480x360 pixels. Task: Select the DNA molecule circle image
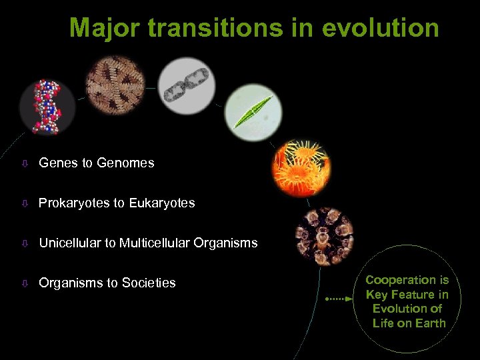click(47, 105)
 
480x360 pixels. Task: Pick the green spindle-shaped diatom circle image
click(253, 111)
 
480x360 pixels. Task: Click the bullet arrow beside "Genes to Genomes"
click(23, 163)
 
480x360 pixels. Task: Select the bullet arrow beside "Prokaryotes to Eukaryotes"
click(23, 203)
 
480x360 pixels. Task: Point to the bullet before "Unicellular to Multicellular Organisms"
click(23, 243)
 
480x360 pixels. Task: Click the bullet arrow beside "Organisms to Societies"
click(23, 283)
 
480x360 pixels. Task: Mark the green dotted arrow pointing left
click(339, 299)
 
